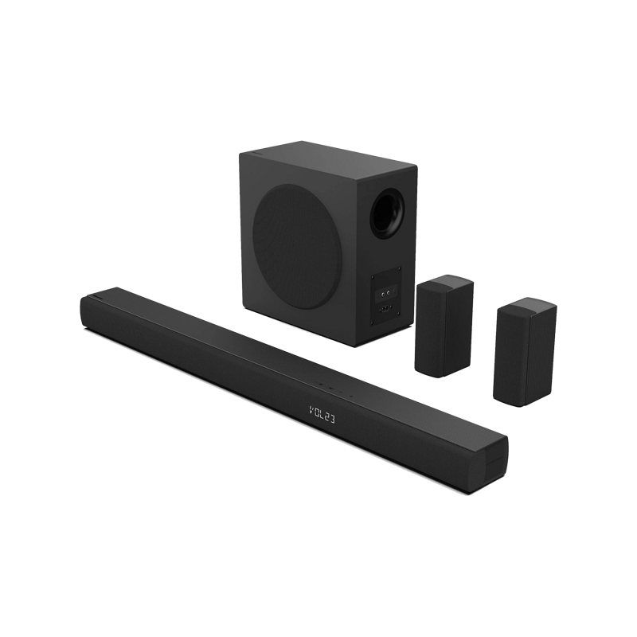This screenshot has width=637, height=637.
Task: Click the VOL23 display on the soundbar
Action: coord(322,414)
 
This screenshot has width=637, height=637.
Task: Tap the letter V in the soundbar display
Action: coord(311,409)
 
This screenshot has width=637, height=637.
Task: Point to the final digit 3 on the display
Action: coord(333,420)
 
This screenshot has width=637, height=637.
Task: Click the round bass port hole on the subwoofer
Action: coord(387,213)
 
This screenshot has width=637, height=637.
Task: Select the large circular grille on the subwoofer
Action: coord(295,245)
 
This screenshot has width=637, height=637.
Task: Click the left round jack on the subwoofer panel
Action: coord(383,292)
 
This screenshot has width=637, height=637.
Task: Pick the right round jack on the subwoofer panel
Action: coord(389,291)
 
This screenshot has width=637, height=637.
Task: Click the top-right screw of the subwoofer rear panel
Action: coord(400,268)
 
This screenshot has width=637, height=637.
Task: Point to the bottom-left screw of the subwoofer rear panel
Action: coord(372,324)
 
